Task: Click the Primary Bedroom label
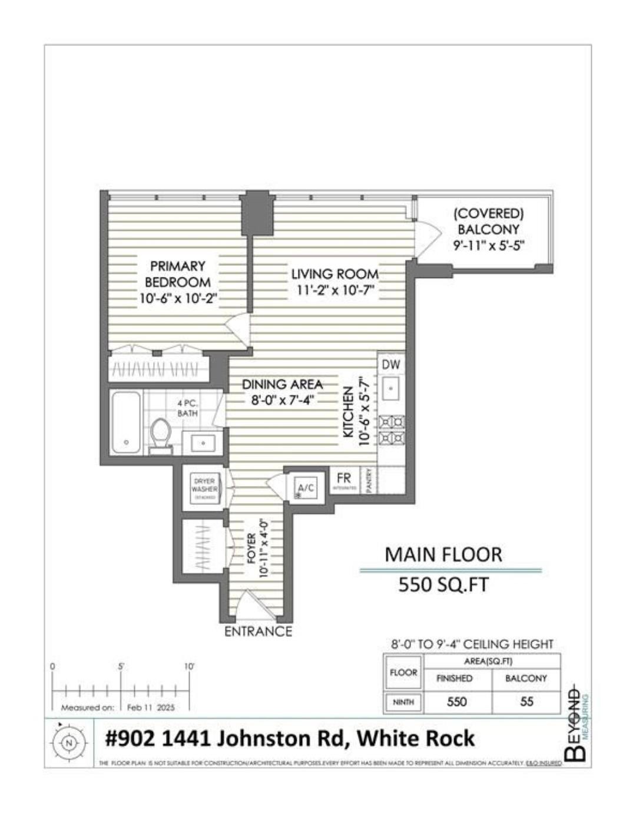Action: [x=178, y=274]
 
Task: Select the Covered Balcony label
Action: [x=488, y=221]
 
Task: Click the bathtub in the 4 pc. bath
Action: [x=126, y=422]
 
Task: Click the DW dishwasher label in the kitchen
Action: [x=391, y=365]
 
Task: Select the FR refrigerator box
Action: [x=344, y=481]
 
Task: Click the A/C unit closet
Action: [x=306, y=488]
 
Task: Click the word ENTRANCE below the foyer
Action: [x=258, y=632]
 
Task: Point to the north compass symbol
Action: [x=69, y=743]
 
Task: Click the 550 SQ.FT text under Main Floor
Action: [x=443, y=585]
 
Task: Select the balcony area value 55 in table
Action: [x=526, y=702]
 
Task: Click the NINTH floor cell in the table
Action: [x=403, y=702]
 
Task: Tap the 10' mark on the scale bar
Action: [x=189, y=666]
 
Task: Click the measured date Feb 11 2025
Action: [x=151, y=708]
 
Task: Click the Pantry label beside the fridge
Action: [x=369, y=481]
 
